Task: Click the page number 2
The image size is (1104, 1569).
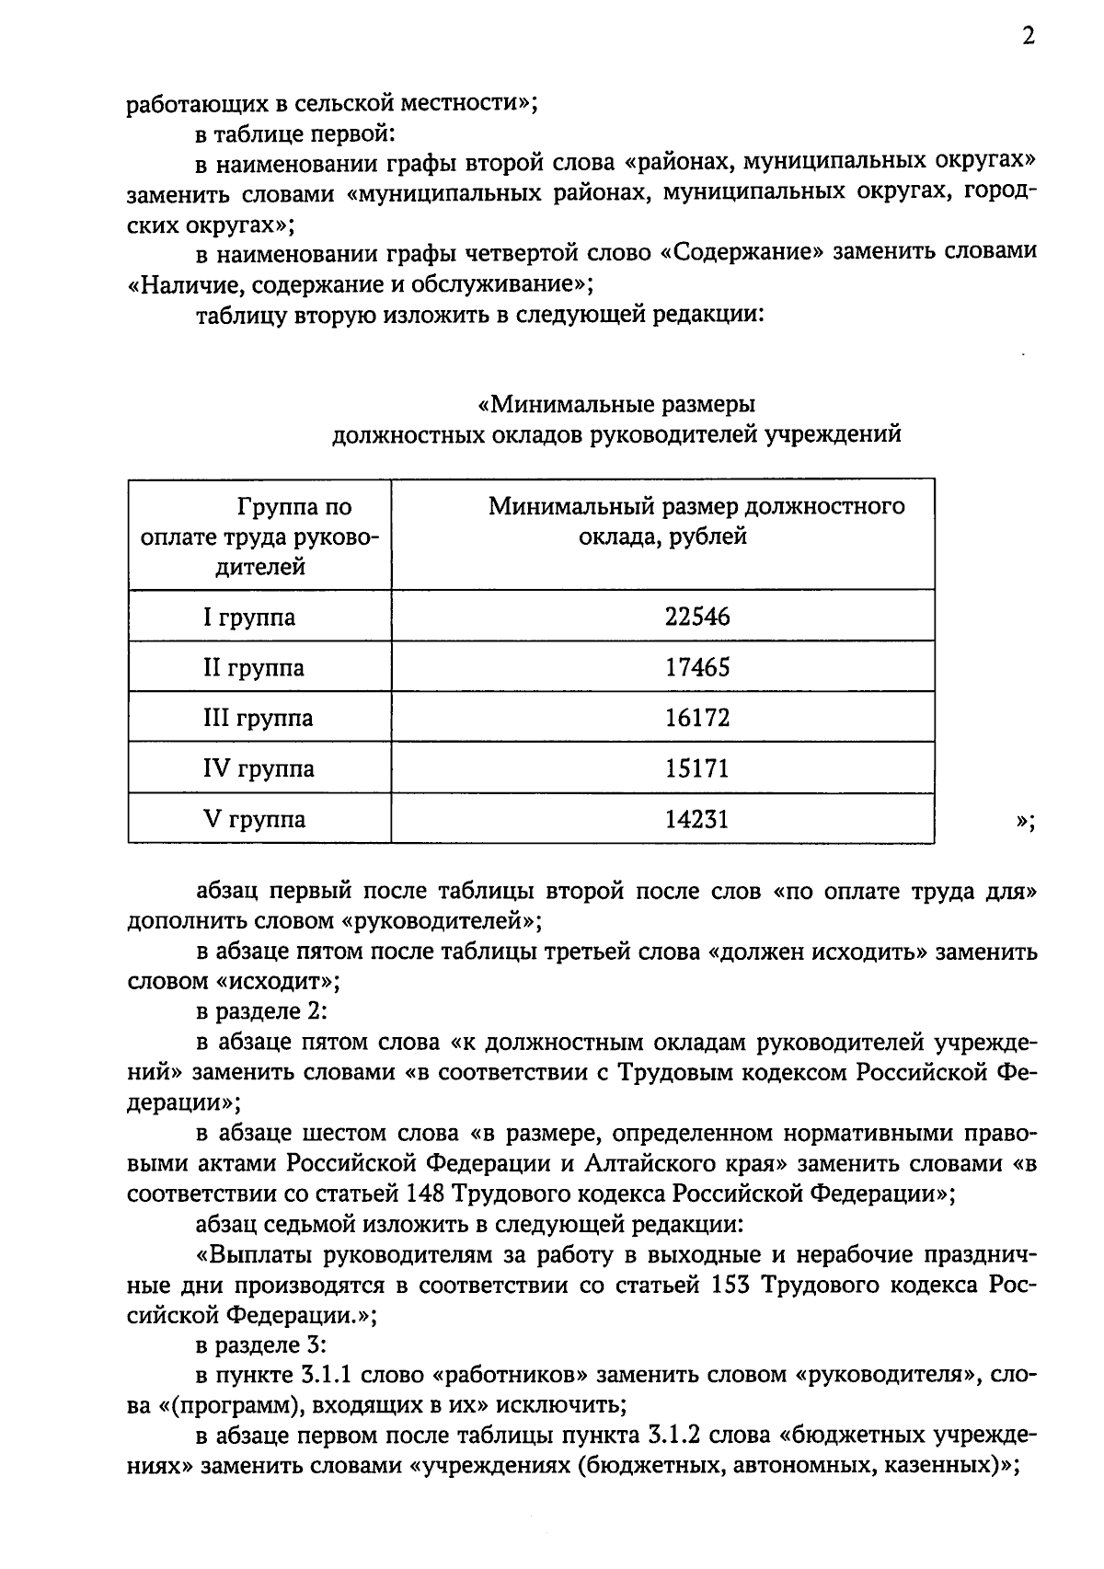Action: click(1028, 36)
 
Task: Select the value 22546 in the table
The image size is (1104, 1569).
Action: click(696, 617)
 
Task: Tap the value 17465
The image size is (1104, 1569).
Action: click(696, 667)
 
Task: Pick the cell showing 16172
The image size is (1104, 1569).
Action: click(696, 718)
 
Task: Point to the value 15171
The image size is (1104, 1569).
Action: click(696, 768)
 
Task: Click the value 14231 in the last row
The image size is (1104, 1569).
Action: click(696, 819)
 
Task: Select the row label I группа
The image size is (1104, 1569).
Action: click(249, 617)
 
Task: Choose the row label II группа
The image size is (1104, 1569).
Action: click(253, 667)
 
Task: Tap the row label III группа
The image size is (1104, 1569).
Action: click(258, 718)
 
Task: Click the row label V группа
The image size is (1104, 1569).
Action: click(254, 819)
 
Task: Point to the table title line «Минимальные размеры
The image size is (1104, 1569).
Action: click(616, 405)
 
